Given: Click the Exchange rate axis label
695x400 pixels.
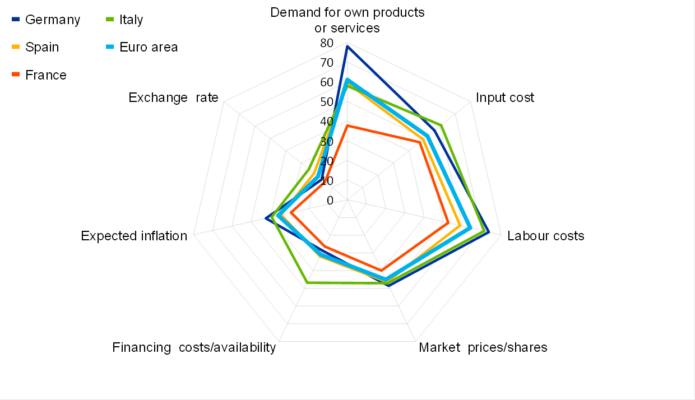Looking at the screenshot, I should pyautogui.click(x=173, y=97).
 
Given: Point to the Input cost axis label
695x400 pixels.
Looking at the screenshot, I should pyautogui.click(x=505, y=97).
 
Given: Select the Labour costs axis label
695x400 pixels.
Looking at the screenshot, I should pyautogui.click(x=545, y=236).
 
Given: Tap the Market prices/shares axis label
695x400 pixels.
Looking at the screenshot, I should pyautogui.click(x=483, y=347).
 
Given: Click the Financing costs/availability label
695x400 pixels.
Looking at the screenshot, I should pyautogui.click(x=194, y=347).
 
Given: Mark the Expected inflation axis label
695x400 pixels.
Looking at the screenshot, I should pyautogui.click(x=134, y=236).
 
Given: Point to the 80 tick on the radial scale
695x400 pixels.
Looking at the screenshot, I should pyautogui.click(x=326, y=43).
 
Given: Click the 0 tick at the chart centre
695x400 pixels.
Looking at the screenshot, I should pyautogui.click(x=330, y=200).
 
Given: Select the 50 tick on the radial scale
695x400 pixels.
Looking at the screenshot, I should pyautogui.click(x=326, y=102).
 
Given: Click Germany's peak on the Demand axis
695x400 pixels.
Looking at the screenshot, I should pyautogui.click(x=347, y=46).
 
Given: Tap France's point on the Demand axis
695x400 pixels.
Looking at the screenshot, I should pyautogui.click(x=347, y=125).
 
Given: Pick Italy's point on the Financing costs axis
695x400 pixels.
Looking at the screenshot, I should pyautogui.click(x=307, y=282).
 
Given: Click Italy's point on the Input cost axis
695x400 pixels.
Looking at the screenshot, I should pyautogui.click(x=441, y=125).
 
